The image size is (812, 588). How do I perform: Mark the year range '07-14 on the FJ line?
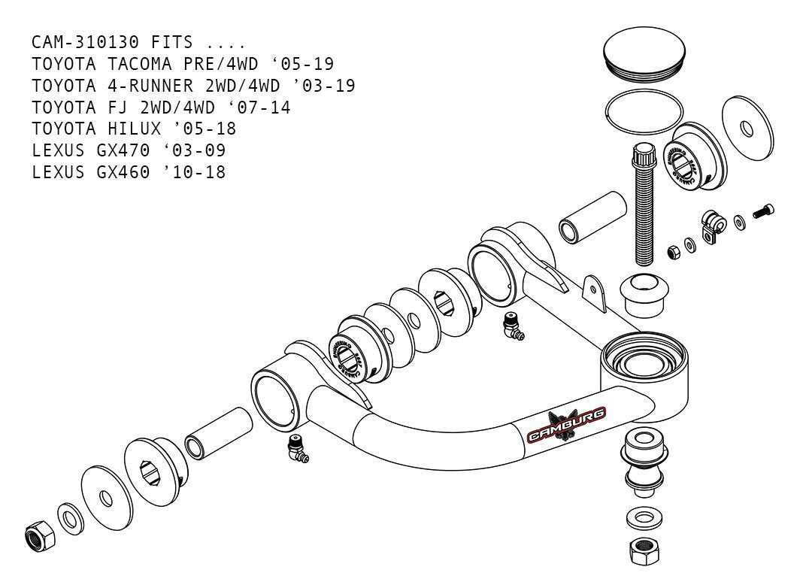tap(264, 108)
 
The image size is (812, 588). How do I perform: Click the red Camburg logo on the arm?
tap(567, 426)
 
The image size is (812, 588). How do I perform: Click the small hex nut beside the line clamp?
tap(674, 251)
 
